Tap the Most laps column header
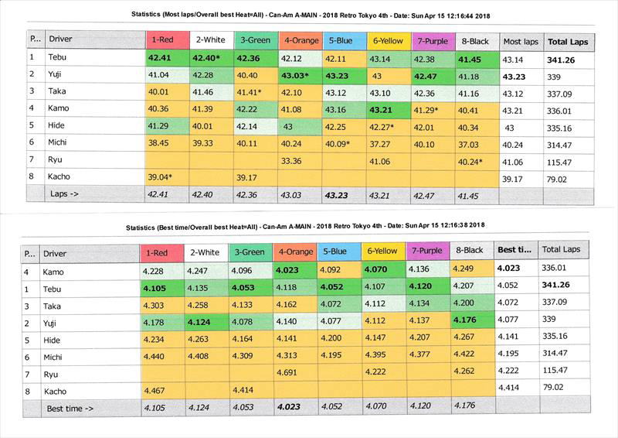pyautogui.click(x=520, y=40)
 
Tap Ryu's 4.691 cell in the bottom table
pyautogui.click(x=294, y=372)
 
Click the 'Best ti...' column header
pyautogui.click(x=514, y=250)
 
